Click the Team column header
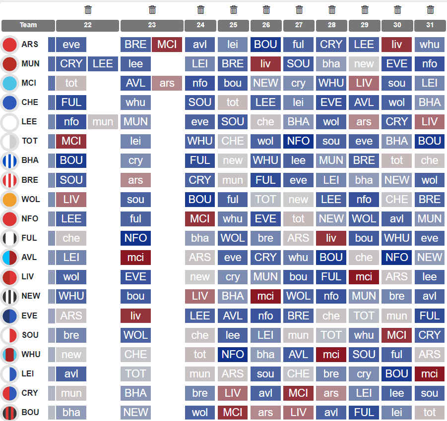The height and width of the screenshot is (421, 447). point(28,25)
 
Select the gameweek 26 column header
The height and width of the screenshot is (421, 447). point(266,25)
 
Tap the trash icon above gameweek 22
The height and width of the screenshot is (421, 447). point(88,9)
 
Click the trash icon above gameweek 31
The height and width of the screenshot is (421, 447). point(430,9)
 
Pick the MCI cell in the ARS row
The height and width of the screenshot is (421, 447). point(167,45)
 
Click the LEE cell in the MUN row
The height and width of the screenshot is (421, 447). point(103,64)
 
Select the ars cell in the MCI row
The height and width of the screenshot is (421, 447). point(167,83)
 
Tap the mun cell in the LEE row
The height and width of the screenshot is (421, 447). point(103,122)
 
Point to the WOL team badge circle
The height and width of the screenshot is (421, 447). point(10,200)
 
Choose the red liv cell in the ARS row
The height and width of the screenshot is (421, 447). point(397,45)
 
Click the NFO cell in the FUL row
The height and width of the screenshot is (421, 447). point(135,238)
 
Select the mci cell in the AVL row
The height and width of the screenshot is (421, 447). point(135,258)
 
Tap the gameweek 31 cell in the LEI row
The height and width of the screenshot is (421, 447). point(430,374)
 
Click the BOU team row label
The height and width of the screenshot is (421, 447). point(30,412)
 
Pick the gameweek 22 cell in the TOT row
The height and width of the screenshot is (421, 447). point(71,141)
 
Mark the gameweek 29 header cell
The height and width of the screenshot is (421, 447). point(364,25)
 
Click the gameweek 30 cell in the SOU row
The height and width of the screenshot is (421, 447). point(397,335)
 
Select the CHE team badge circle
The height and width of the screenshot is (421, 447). point(10,103)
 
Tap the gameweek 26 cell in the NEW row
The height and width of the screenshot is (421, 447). point(266,296)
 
